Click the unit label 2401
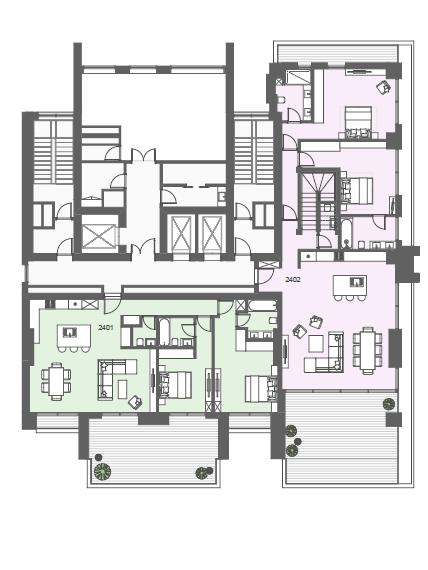[x=106, y=328]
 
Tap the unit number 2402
[x=293, y=280]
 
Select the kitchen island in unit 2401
[x=74, y=336]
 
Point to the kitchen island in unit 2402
[x=350, y=285]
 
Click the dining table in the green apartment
[x=56, y=381]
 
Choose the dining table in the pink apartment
[x=368, y=350]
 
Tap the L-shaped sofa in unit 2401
[x=113, y=378]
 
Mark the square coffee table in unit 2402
[x=316, y=344]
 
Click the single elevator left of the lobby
[x=99, y=237]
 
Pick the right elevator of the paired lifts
[x=212, y=233]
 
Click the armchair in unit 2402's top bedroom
[x=383, y=87]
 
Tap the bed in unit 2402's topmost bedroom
[x=357, y=122]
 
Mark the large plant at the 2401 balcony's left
[x=102, y=471]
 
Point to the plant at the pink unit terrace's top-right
[x=389, y=404]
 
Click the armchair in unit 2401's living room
[x=135, y=402]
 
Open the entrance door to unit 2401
[x=112, y=305]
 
